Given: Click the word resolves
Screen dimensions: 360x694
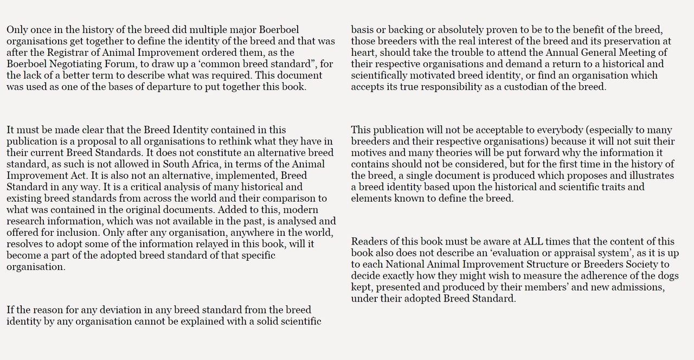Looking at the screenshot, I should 24,244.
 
